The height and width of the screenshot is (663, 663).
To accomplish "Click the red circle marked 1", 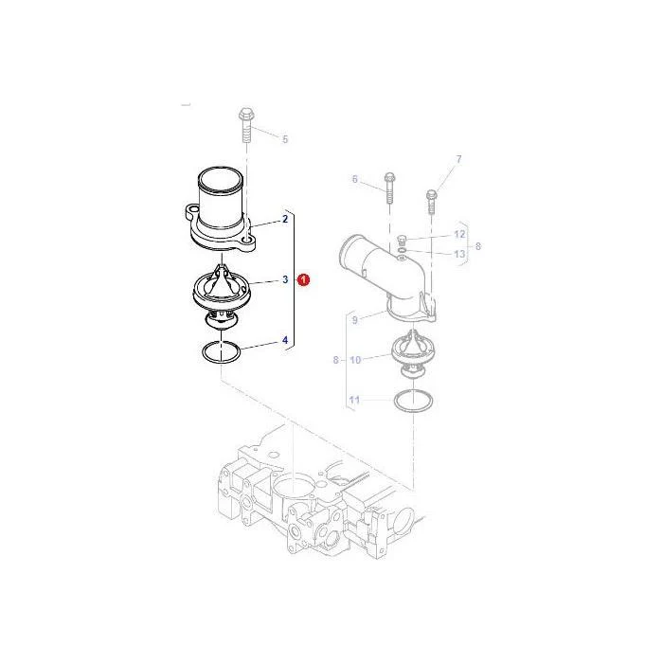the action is (303, 279).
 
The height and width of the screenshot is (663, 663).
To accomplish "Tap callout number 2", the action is (285, 219).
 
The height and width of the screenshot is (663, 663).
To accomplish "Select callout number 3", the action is (285, 279).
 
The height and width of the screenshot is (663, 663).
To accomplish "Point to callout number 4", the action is (285, 340).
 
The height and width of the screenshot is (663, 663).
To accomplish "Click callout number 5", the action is (285, 139).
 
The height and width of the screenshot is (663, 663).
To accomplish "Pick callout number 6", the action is (355, 179).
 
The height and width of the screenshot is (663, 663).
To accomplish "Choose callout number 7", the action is (459, 159).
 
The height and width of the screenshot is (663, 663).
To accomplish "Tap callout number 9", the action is (355, 320).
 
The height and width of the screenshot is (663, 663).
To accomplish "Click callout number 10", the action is (355, 360).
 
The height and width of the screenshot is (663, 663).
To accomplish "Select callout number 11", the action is (355, 400).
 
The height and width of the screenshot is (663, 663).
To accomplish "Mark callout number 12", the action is (459, 234).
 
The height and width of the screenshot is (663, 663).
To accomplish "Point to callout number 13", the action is (459, 254).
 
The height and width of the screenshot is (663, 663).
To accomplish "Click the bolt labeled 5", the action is (245, 125).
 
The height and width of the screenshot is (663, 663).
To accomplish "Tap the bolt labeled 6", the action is (389, 188).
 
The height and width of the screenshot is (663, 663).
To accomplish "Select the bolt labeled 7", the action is (431, 202).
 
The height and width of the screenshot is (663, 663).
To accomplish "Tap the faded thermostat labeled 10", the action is (413, 353).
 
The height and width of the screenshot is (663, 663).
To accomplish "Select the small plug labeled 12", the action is (402, 241).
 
